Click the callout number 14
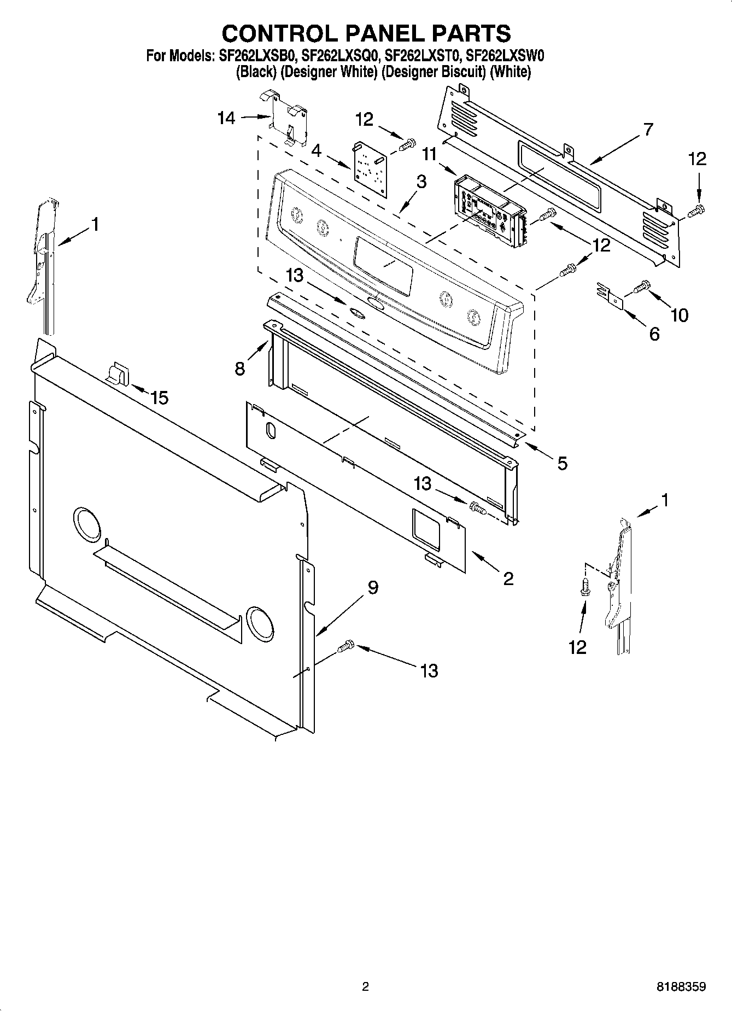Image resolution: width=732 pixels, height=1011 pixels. (x=226, y=118)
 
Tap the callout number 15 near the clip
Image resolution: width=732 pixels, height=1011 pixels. (x=159, y=398)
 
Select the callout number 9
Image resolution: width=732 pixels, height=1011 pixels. (x=372, y=588)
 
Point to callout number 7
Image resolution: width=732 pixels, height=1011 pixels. (x=648, y=130)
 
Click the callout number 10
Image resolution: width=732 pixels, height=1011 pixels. (x=679, y=315)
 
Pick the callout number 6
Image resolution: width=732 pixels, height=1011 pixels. (x=654, y=334)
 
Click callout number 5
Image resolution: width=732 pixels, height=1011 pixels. (x=563, y=464)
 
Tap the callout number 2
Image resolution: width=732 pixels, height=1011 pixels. (x=508, y=578)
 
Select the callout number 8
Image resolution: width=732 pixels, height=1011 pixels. (x=239, y=369)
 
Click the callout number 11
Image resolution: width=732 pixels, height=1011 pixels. (x=430, y=155)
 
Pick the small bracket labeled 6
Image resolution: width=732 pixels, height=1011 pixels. (x=611, y=294)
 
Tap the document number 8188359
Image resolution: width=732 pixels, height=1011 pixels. (x=681, y=987)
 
